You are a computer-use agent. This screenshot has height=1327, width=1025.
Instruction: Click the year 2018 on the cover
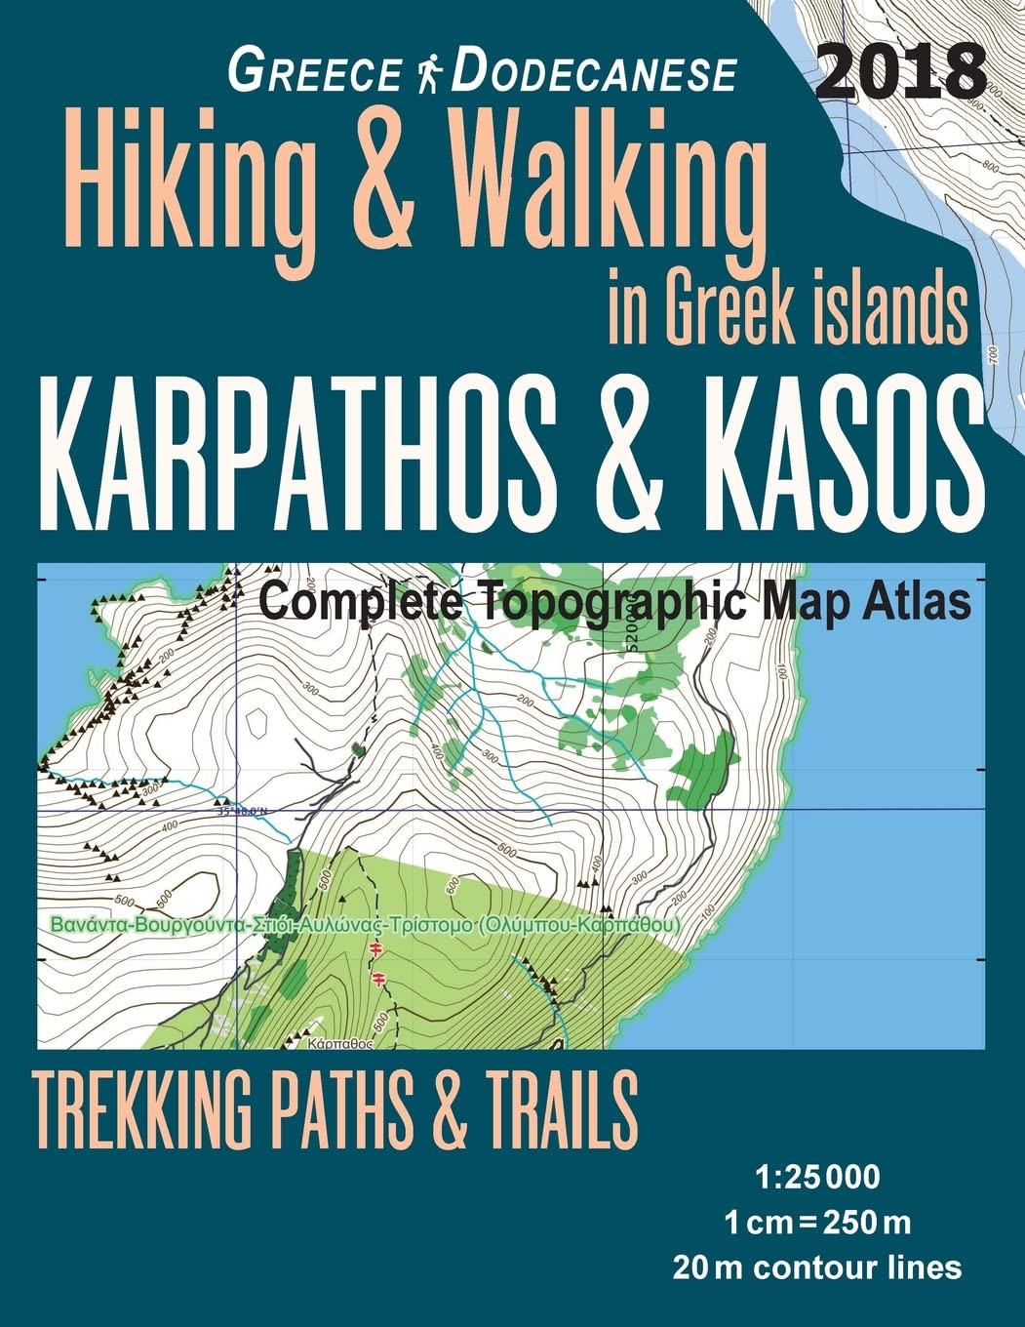[900, 73]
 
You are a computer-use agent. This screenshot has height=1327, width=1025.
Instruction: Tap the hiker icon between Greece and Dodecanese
[425, 74]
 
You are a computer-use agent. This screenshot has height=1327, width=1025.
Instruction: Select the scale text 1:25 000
[817, 1177]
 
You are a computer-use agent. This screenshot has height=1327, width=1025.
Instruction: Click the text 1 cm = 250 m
[817, 1221]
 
